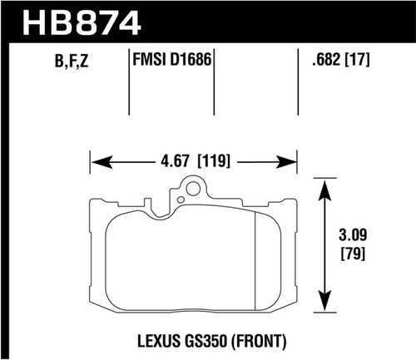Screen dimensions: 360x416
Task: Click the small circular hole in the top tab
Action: (194, 188)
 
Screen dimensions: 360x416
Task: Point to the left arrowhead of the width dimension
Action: (94, 160)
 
